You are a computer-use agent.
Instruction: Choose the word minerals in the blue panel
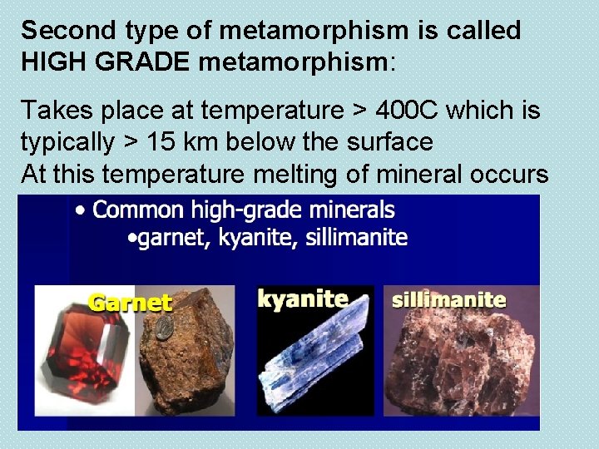point(348,210)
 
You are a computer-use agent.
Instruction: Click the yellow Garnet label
point(130,302)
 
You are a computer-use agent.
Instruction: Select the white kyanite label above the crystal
point(303,298)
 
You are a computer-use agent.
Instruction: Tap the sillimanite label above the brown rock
point(448,299)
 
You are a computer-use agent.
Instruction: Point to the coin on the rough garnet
point(165,323)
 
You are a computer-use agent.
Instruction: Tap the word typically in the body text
point(67,142)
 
